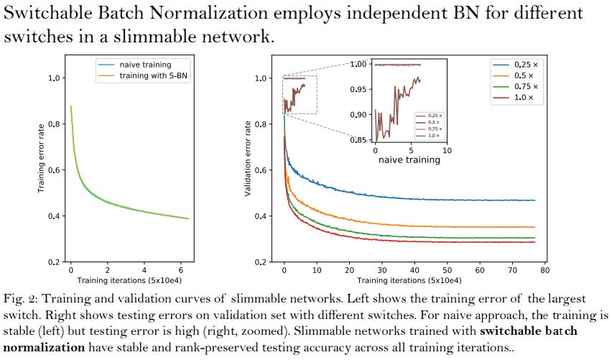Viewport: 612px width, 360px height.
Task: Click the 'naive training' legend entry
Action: tap(145, 65)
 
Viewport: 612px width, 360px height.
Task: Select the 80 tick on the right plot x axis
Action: tap(544, 270)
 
